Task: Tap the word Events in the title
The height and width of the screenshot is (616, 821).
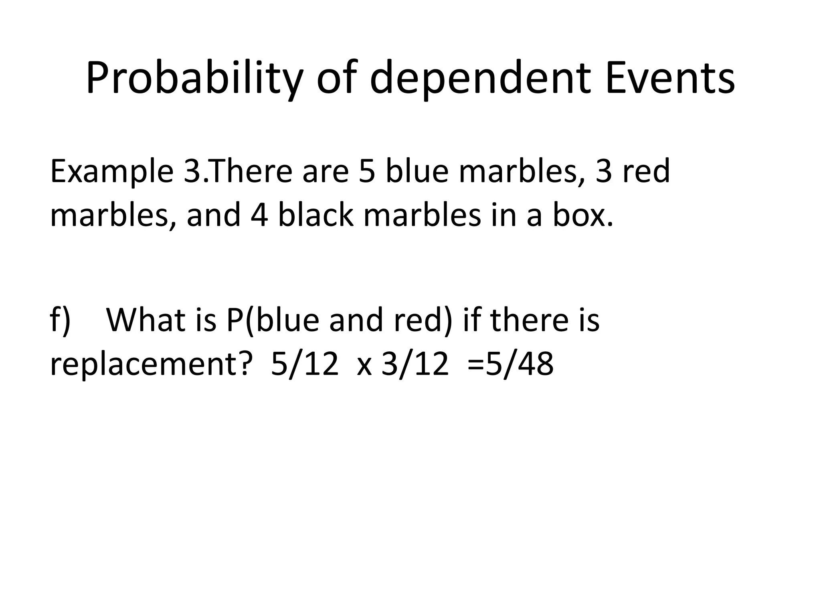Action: [670, 79]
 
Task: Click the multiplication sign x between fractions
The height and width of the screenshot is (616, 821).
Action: [364, 367]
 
